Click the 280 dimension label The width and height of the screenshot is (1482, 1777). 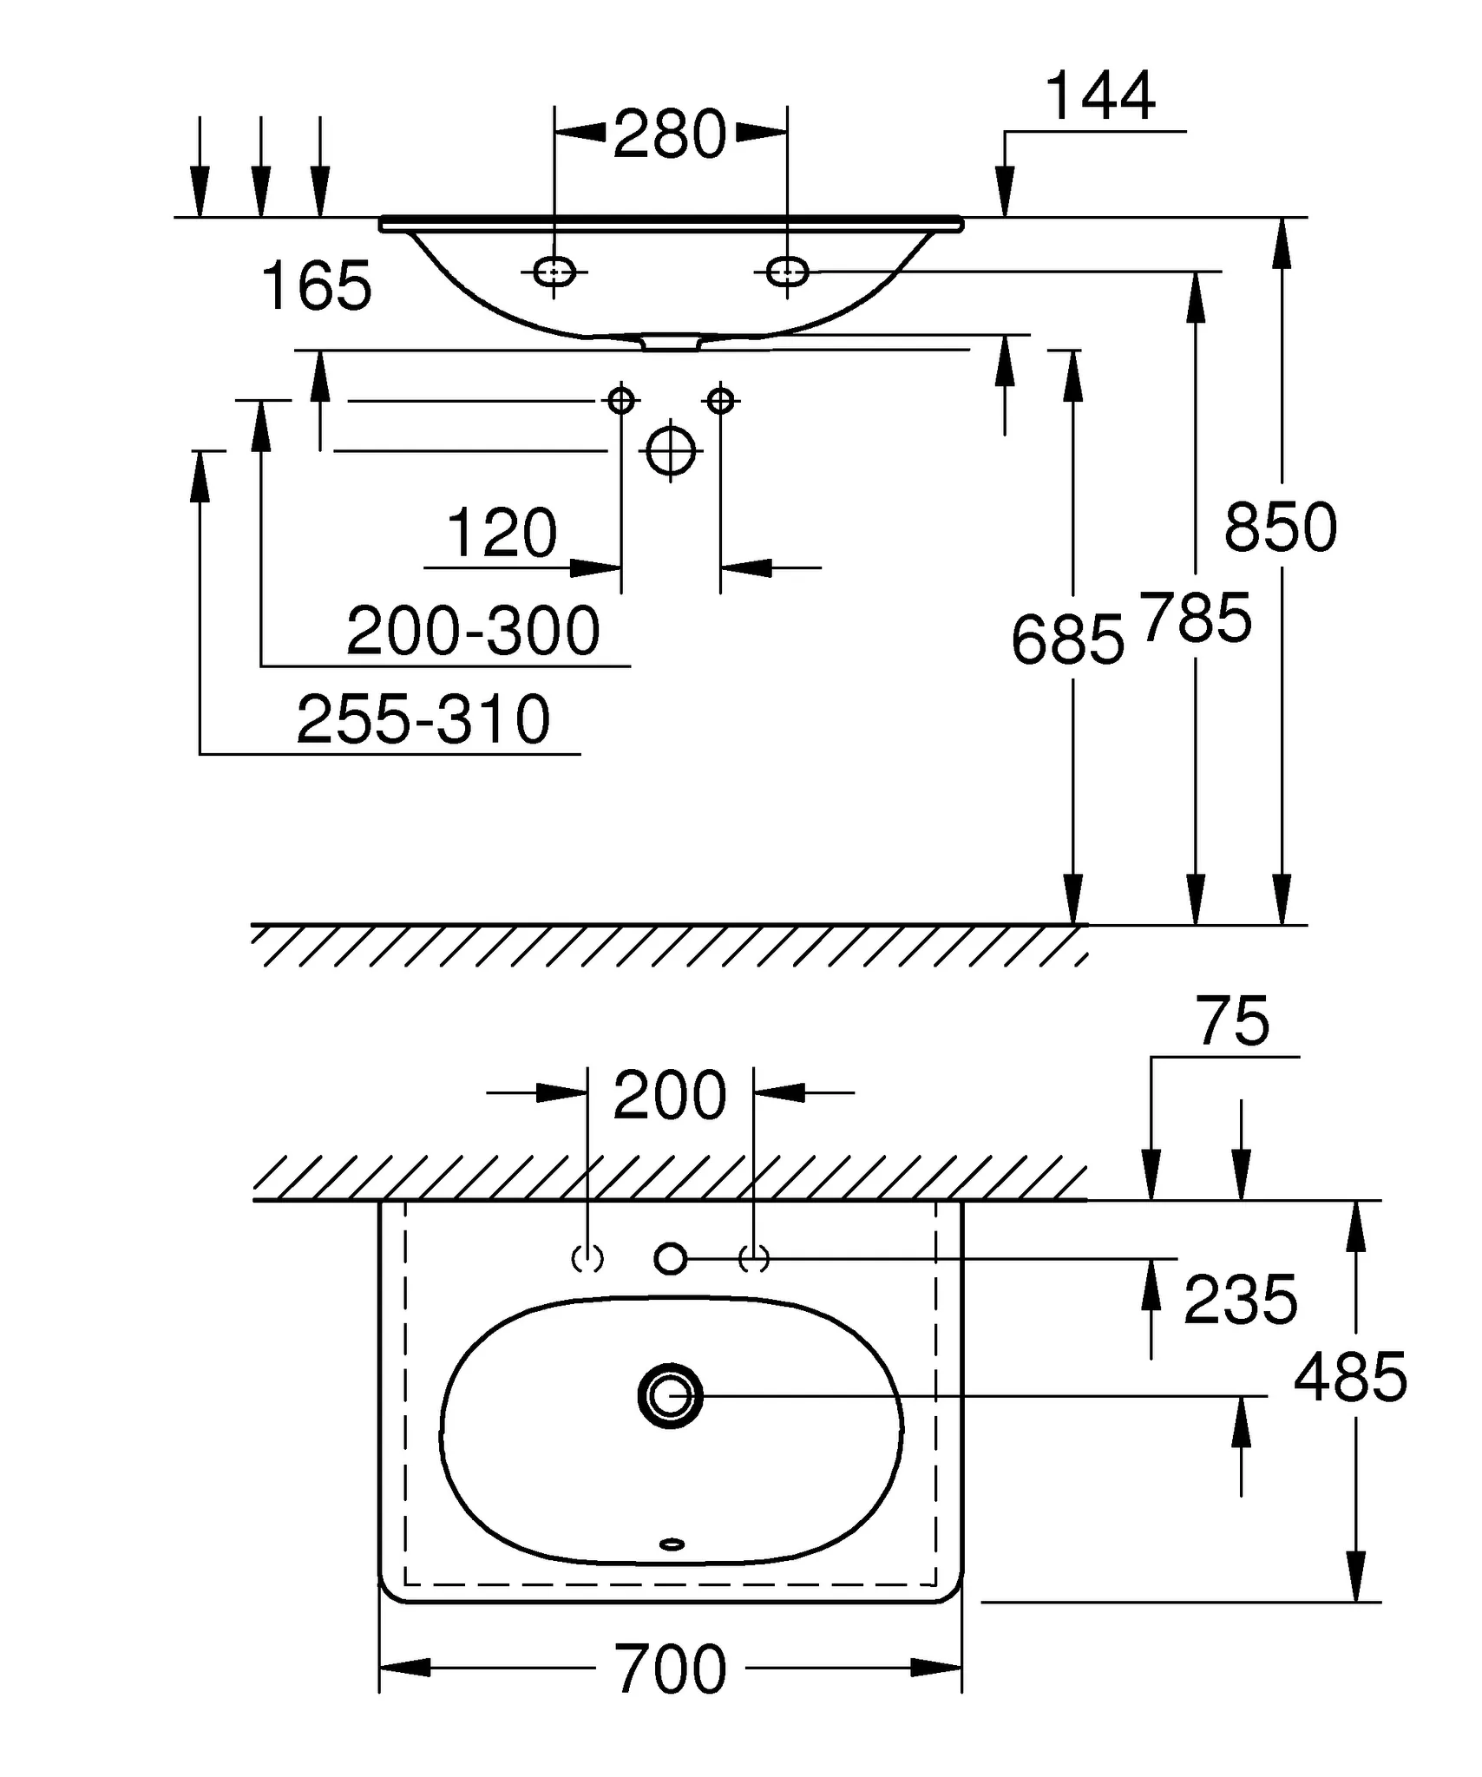(x=669, y=134)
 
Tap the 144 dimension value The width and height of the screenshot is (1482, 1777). (x=1100, y=96)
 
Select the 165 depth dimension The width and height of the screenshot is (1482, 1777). (x=316, y=286)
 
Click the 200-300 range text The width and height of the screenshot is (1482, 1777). (x=473, y=631)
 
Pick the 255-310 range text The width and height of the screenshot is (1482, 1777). (x=423, y=719)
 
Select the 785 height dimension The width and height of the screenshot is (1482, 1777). (x=1197, y=619)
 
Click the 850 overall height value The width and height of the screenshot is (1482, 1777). (x=1281, y=528)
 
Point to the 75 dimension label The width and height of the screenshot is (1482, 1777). (x=1233, y=1021)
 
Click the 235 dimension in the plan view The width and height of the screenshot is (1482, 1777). (x=1240, y=1300)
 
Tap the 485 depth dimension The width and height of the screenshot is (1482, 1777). (x=1350, y=1377)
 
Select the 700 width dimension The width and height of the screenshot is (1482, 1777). (x=670, y=1669)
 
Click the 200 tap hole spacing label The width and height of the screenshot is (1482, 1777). (x=669, y=1095)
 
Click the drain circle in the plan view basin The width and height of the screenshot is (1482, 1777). (x=670, y=1396)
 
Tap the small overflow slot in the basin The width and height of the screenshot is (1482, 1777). (x=672, y=1544)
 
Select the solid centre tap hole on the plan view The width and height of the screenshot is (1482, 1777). (x=670, y=1258)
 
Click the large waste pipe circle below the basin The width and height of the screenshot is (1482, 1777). (x=672, y=450)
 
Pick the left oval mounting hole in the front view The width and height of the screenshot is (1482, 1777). (x=554, y=272)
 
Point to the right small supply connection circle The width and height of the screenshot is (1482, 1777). (x=721, y=401)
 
